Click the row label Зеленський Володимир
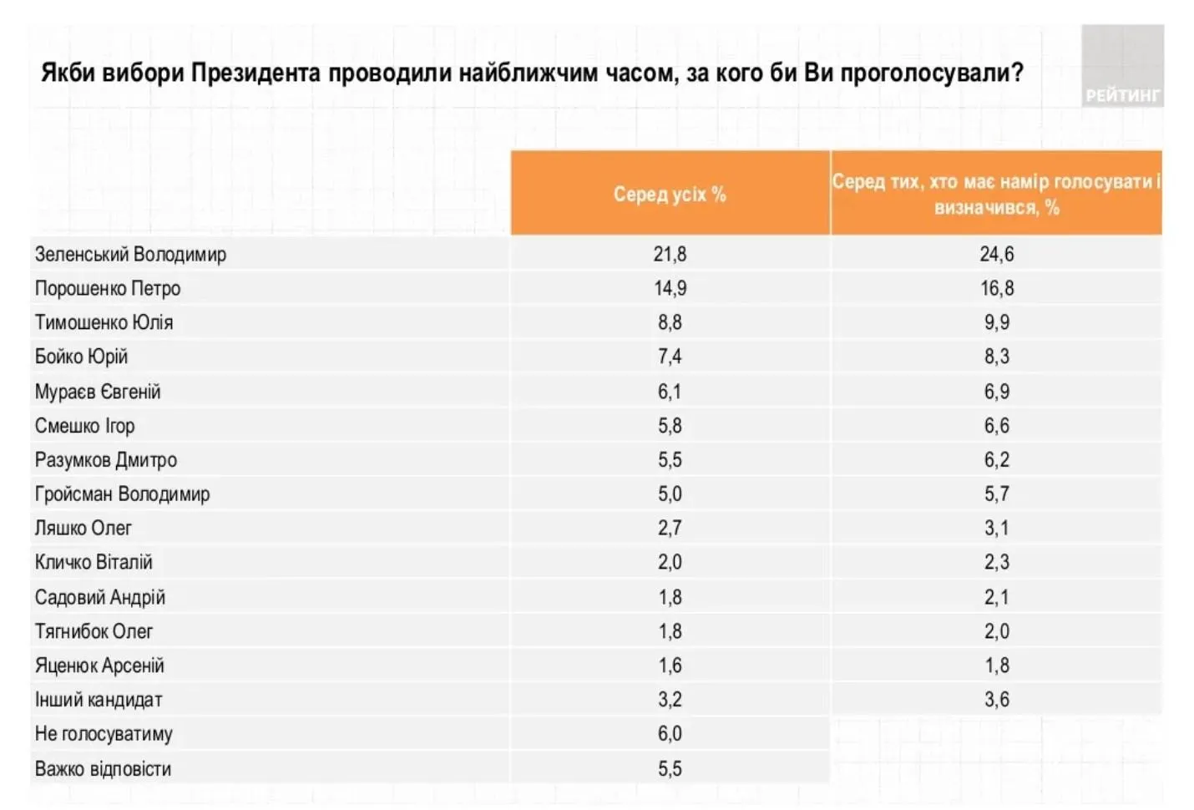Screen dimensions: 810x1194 pyautogui.click(x=130, y=255)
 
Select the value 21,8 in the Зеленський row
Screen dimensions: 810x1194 pyautogui.click(x=670, y=255)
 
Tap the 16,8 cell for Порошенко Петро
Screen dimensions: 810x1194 pyautogui.click(x=996, y=289)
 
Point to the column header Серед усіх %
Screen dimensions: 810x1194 pyautogui.click(x=670, y=195)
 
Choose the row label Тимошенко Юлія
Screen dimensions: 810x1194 pyautogui.click(x=104, y=323)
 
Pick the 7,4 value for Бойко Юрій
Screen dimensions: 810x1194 pyautogui.click(x=670, y=357)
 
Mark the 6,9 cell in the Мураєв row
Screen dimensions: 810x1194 pyautogui.click(x=996, y=392)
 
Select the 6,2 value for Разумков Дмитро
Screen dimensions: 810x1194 pyautogui.click(x=996, y=460)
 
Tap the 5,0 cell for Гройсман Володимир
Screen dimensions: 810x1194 pyautogui.click(x=670, y=494)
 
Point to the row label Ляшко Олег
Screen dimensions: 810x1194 pyautogui.click(x=83, y=529)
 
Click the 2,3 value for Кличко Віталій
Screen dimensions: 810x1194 pyautogui.click(x=996, y=563)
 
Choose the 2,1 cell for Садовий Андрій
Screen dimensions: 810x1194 pyautogui.click(x=996, y=598)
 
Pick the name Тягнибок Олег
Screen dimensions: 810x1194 pyautogui.click(x=94, y=632)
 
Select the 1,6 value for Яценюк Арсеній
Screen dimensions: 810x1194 pyautogui.click(x=670, y=666)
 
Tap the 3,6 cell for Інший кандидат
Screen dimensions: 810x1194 pyautogui.click(x=996, y=700)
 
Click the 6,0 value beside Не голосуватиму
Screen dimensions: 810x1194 pyautogui.click(x=670, y=734)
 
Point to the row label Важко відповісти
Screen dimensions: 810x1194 pyautogui.click(x=103, y=769)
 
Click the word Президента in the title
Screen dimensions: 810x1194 pyautogui.click(x=255, y=73)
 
